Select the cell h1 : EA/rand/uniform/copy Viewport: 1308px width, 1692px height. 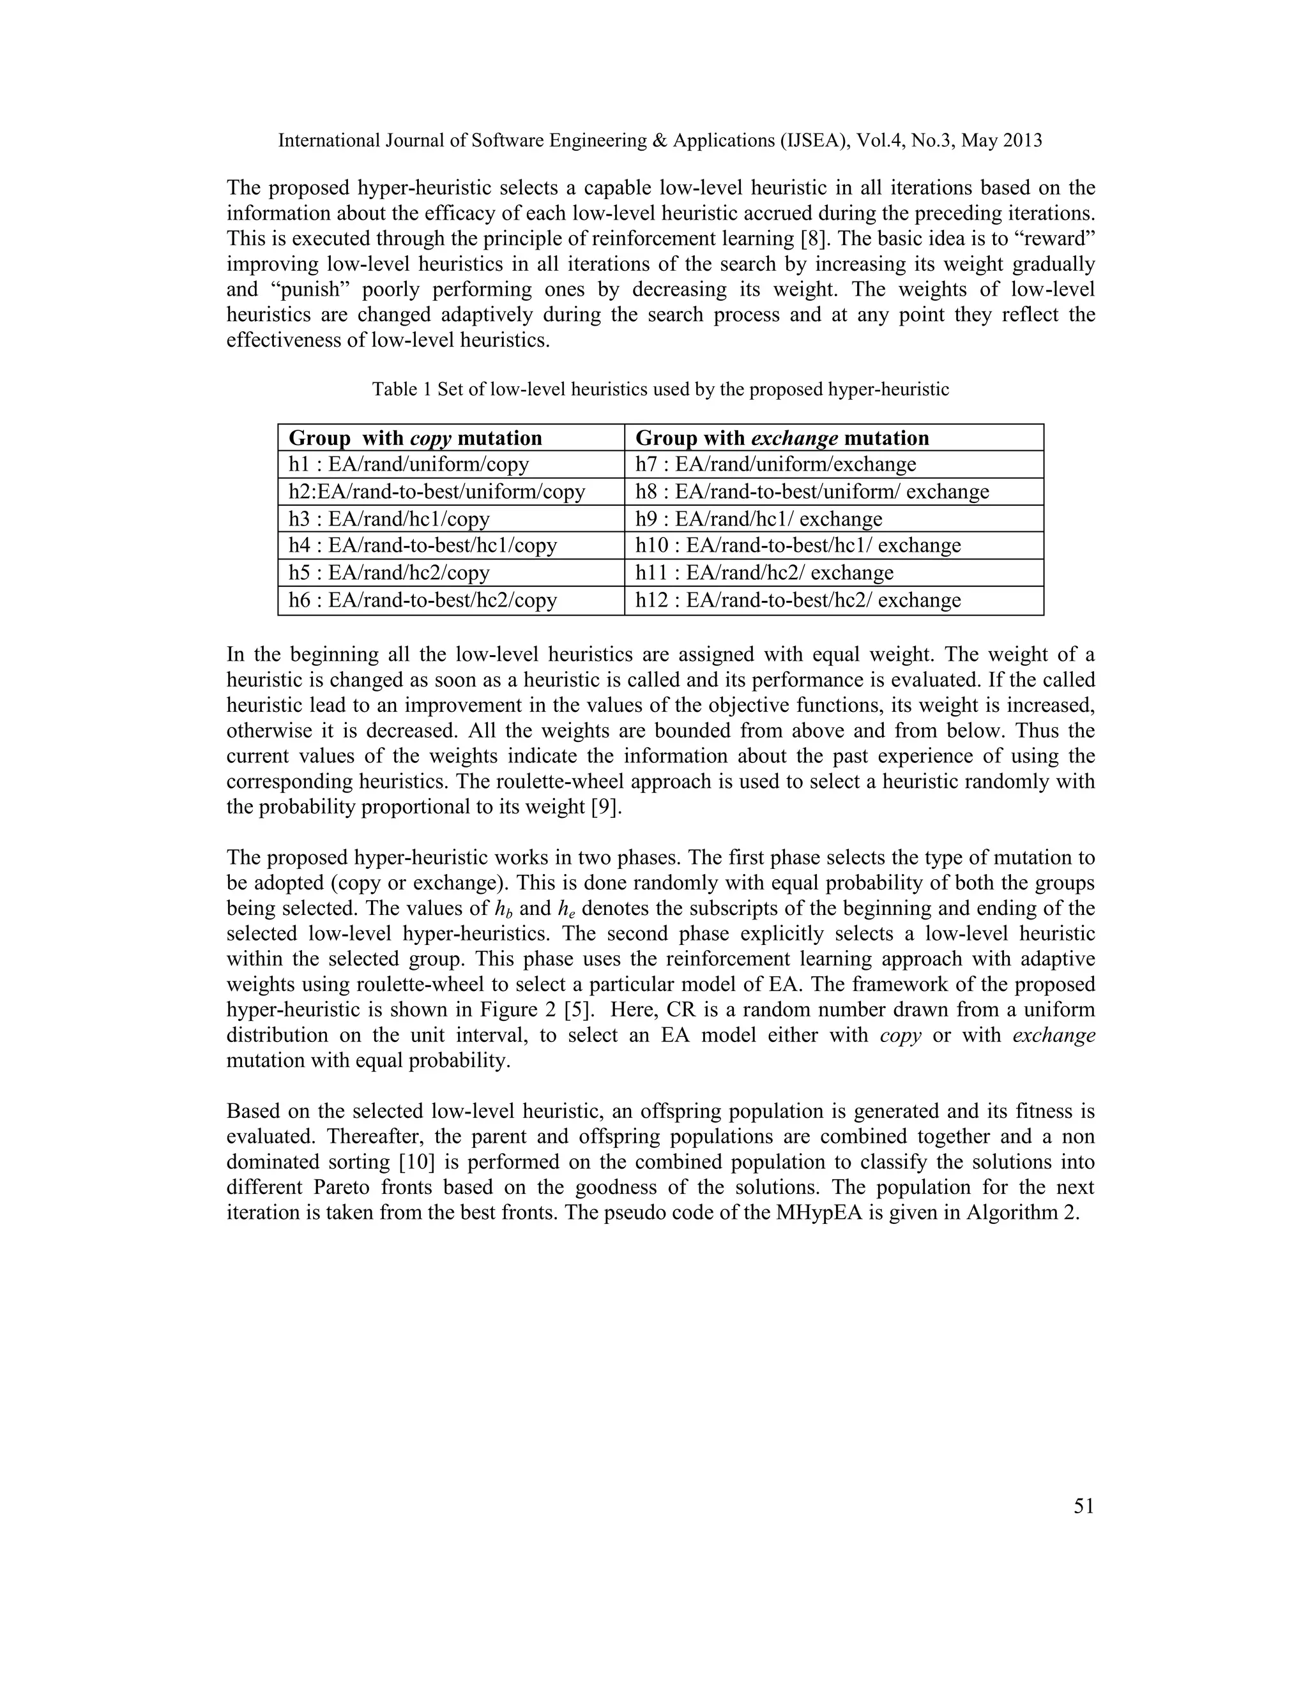(x=408, y=465)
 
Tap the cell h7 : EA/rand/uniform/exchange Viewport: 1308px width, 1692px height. (x=775, y=465)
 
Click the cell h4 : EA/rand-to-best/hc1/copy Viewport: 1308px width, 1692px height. (x=422, y=545)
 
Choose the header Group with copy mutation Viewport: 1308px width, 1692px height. (x=415, y=439)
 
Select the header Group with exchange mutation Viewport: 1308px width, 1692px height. (x=782, y=439)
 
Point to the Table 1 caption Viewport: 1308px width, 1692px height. (x=660, y=389)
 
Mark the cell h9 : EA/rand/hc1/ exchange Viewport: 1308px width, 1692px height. (x=759, y=519)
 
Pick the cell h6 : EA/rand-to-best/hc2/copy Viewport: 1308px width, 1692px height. (x=422, y=600)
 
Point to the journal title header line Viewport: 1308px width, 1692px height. (x=660, y=141)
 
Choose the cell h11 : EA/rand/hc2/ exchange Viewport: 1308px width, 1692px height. (x=764, y=573)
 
